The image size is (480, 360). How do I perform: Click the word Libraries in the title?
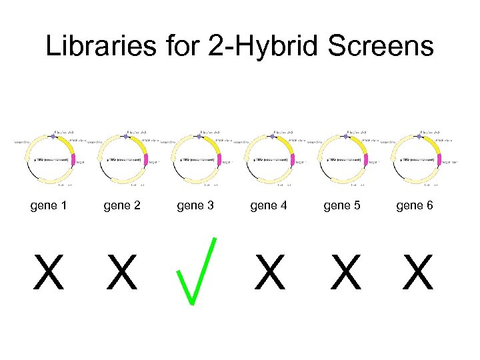pyautogui.click(x=97, y=47)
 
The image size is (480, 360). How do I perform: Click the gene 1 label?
pyautogui.click(x=49, y=205)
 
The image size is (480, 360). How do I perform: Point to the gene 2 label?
pyautogui.click(x=122, y=205)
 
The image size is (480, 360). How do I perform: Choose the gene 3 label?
pyautogui.click(x=195, y=205)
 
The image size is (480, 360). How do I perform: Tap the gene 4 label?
pyautogui.click(x=269, y=205)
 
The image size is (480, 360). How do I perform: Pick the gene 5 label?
pyautogui.click(x=342, y=205)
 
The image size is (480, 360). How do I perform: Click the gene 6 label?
pyautogui.click(x=415, y=205)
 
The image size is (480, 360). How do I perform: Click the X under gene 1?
pyautogui.click(x=49, y=273)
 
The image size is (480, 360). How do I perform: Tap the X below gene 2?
pyautogui.click(x=122, y=273)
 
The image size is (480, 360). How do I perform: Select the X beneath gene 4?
pyautogui.click(x=270, y=273)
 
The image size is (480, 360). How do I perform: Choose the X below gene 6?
pyautogui.click(x=418, y=273)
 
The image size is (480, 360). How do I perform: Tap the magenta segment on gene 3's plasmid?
pyautogui.click(x=219, y=159)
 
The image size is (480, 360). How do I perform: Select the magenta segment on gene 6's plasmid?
pyautogui.click(x=439, y=159)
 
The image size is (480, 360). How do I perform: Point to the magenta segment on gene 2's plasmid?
pyautogui.click(x=145, y=159)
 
